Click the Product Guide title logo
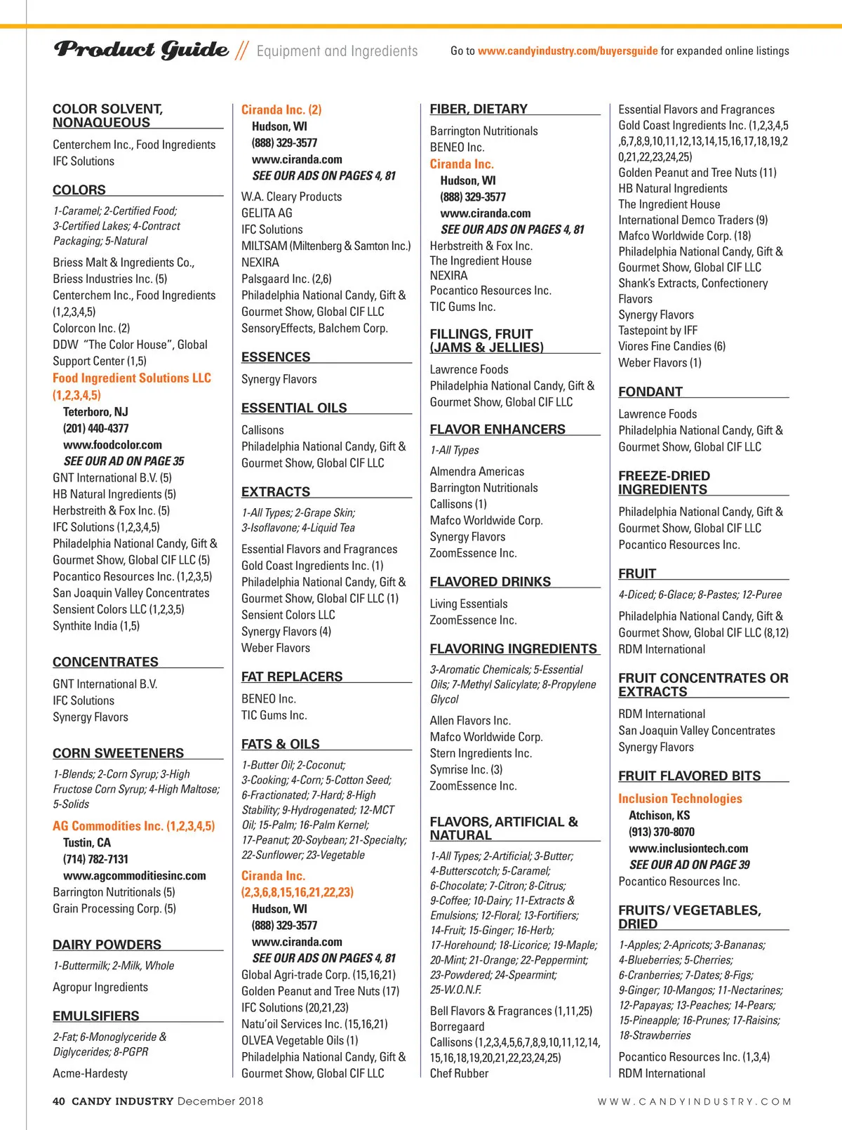pos(141,49)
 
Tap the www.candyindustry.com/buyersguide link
pos(568,51)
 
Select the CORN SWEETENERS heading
pos(118,753)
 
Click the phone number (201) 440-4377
pos(96,428)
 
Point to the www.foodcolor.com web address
pos(112,445)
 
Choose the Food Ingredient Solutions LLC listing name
pos(132,378)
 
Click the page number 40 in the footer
pos(59,1101)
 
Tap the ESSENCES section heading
pos(276,357)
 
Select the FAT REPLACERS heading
pos(292,677)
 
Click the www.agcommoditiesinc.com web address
pos(135,876)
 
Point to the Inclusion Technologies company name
pos(680,799)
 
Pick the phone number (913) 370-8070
pos(662,832)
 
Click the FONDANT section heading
pos(650,392)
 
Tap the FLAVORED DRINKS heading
pos(490,582)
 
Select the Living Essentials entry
pos(469,604)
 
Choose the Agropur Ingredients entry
pos(100,987)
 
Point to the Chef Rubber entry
pos(459,1073)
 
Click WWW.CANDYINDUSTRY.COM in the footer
pos(694,1102)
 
